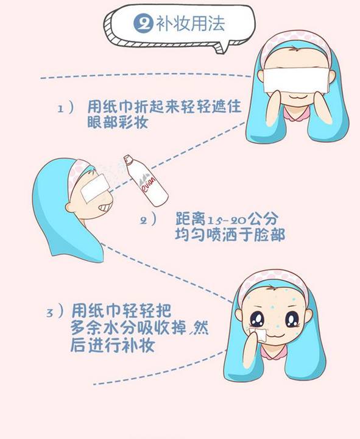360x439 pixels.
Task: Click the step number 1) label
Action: coord(66,108)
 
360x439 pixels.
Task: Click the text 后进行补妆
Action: coord(112,346)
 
